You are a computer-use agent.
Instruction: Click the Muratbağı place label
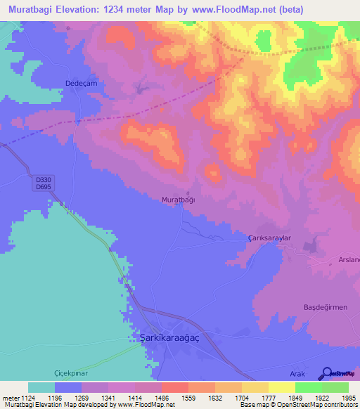click(179, 200)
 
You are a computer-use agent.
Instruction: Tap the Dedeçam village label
click(79, 83)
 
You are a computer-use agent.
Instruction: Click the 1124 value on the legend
click(25, 398)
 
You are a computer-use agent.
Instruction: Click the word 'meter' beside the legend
click(9, 398)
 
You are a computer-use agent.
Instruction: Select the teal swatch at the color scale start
click(41, 387)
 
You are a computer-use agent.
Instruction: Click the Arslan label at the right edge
click(349, 260)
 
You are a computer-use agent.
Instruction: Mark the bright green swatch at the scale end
click(335, 387)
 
